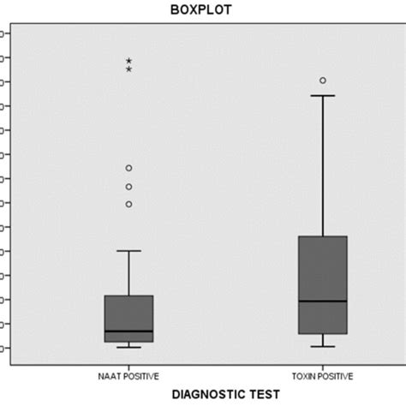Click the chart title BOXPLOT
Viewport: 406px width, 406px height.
[x=203, y=9]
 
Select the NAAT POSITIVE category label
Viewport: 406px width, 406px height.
[x=128, y=375]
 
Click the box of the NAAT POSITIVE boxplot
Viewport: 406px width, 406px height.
[x=128, y=313]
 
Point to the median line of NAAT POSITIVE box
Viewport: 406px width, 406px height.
[x=128, y=331]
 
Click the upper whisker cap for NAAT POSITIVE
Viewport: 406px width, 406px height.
[x=128, y=251]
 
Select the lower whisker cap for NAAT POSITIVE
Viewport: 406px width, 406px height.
[x=128, y=347]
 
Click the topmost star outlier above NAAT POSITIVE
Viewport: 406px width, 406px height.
[x=128, y=61]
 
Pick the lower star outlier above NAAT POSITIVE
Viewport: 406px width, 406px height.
[x=128, y=69]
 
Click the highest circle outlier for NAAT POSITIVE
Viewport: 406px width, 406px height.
[x=128, y=168]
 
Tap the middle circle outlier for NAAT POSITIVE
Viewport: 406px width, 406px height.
[x=128, y=187]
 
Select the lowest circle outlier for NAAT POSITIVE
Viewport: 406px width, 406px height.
[x=128, y=204]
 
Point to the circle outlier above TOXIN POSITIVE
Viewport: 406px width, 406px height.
[x=323, y=81]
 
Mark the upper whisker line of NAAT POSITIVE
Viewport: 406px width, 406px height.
[x=128, y=273]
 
